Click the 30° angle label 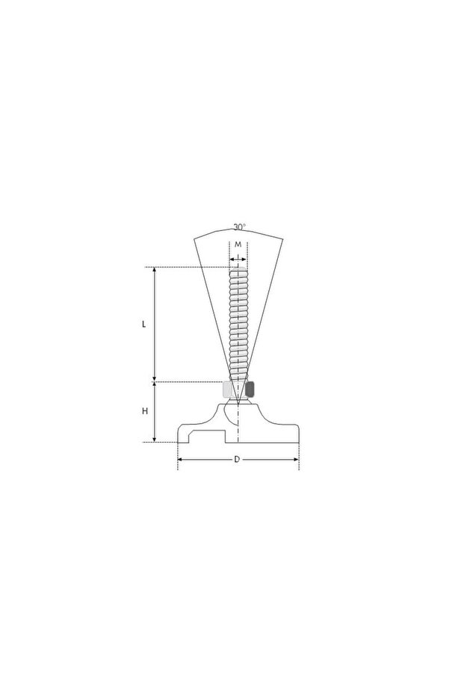tap(240, 227)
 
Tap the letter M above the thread tap(238, 244)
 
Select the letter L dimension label tap(143, 324)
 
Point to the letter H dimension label tap(145, 411)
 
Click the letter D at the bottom tap(237, 460)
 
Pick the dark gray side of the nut tap(250, 389)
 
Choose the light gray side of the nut tap(227, 389)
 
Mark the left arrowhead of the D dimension tap(180, 460)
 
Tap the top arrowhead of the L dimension tap(155, 270)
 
